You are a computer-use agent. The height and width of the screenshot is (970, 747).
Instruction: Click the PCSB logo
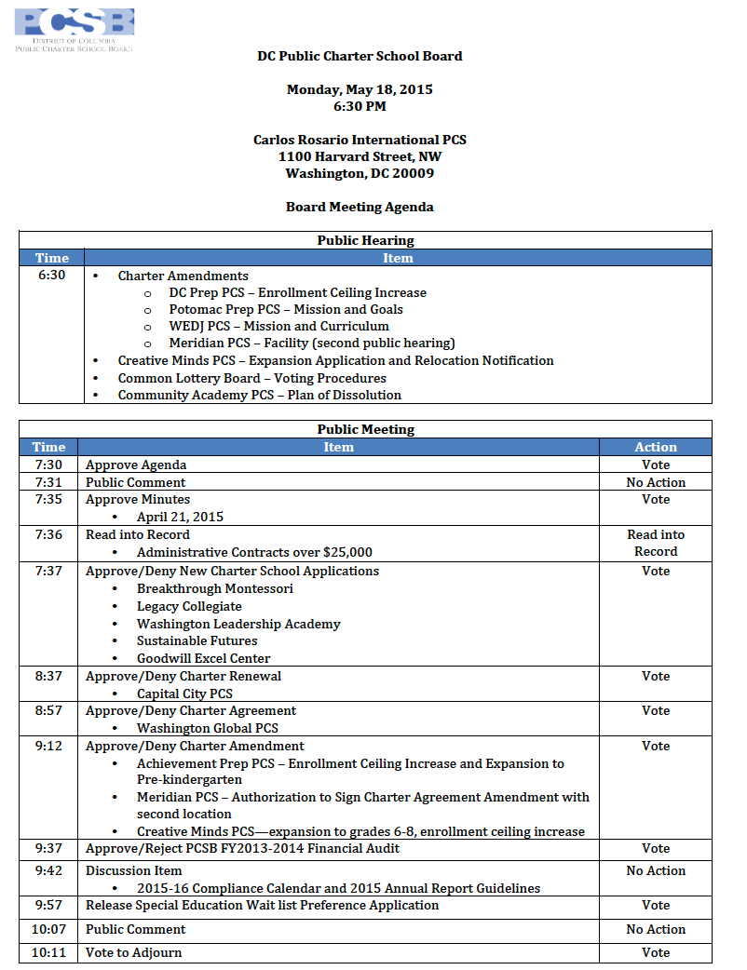click(75, 29)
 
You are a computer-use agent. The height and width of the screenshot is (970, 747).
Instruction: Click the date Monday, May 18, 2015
click(360, 89)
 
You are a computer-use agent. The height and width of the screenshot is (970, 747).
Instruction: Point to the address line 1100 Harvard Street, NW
click(360, 156)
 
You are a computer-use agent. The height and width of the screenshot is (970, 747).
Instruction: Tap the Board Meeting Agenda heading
click(360, 207)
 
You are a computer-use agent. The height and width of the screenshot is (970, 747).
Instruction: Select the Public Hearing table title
click(365, 240)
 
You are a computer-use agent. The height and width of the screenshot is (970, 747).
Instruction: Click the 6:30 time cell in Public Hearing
click(52, 276)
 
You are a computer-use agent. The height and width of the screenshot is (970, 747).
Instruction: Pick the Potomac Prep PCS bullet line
click(286, 309)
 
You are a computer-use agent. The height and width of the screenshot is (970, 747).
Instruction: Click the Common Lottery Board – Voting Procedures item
click(251, 378)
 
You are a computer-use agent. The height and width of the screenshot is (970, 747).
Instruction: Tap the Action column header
click(656, 447)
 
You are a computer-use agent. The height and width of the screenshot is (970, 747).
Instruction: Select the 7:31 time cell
click(48, 482)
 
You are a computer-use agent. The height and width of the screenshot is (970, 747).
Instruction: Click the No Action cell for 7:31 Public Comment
click(656, 482)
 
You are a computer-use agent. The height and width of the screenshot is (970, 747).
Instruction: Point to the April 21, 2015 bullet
click(180, 517)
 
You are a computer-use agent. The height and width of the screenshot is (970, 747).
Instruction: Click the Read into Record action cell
click(656, 543)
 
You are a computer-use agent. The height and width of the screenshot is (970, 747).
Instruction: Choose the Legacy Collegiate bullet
click(189, 606)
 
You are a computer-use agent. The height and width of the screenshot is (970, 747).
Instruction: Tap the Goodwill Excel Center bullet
click(203, 658)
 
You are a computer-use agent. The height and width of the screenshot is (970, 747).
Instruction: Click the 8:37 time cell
click(48, 676)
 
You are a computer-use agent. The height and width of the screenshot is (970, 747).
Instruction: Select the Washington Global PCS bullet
click(207, 728)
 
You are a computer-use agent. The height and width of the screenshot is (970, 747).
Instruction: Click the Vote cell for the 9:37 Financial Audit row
click(656, 848)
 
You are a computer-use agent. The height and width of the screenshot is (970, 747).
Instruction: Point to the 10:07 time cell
click(48, 929)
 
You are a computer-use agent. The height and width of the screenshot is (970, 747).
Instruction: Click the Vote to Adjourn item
click(134, 952)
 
